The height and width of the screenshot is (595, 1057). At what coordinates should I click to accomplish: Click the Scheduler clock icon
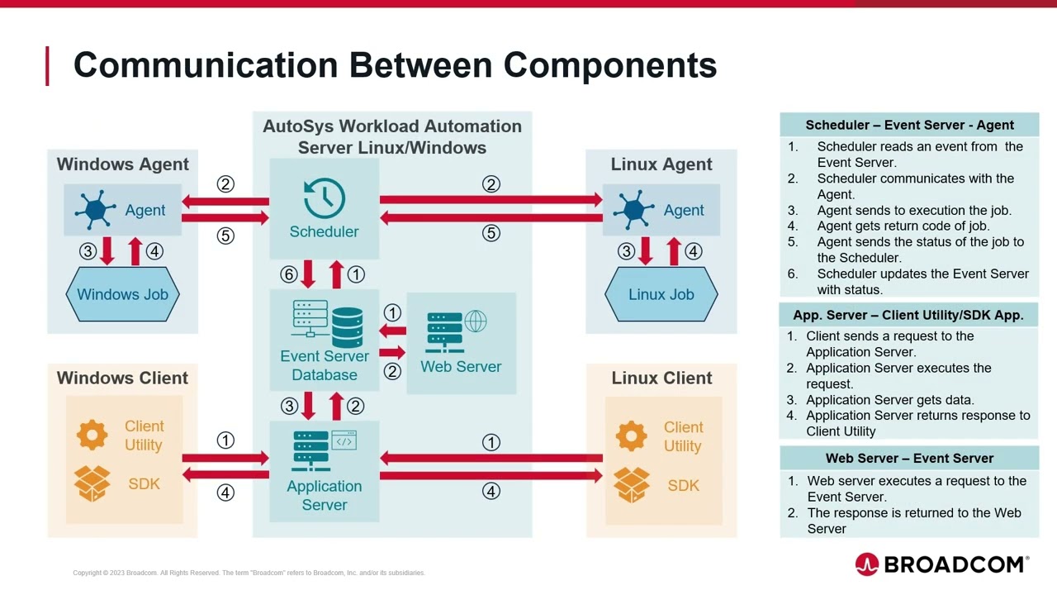click(324, 198)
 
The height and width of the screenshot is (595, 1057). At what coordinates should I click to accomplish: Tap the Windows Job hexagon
click(122, 294)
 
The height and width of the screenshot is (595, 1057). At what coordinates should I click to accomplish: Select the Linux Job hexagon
click(661, 294)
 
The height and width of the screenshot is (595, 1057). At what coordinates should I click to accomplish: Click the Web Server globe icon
click(476, 321)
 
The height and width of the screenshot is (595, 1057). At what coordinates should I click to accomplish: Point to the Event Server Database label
click(325, 365)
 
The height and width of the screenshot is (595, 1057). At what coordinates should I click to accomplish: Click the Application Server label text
click(325, 495)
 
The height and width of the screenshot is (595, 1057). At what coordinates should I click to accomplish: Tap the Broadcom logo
click(941, 564)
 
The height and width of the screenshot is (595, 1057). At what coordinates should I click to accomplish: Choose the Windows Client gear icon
click(92, 435)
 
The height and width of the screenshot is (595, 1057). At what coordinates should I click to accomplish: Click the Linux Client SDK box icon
click(631, 485)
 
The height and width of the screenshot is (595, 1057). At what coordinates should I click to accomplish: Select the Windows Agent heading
click(122, 164)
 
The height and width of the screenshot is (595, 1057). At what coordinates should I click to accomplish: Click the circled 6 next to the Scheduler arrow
click(288, 274)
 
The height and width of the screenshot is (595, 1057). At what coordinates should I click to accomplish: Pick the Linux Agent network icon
click(634, 210)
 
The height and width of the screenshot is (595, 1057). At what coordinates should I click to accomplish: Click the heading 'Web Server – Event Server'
click(909, 458)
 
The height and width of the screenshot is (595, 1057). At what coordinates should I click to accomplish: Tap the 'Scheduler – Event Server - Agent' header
click(909, 125)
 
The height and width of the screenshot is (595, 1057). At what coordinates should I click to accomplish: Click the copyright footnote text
click(249, 573)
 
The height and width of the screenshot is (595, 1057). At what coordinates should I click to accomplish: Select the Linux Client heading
click(661, 378)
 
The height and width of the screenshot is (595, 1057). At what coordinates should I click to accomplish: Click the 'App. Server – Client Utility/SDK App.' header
click(908, 315)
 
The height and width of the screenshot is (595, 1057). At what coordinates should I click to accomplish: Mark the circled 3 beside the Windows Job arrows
click(88, 251)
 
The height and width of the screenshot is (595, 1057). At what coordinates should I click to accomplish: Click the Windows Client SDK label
click(144, 483)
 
